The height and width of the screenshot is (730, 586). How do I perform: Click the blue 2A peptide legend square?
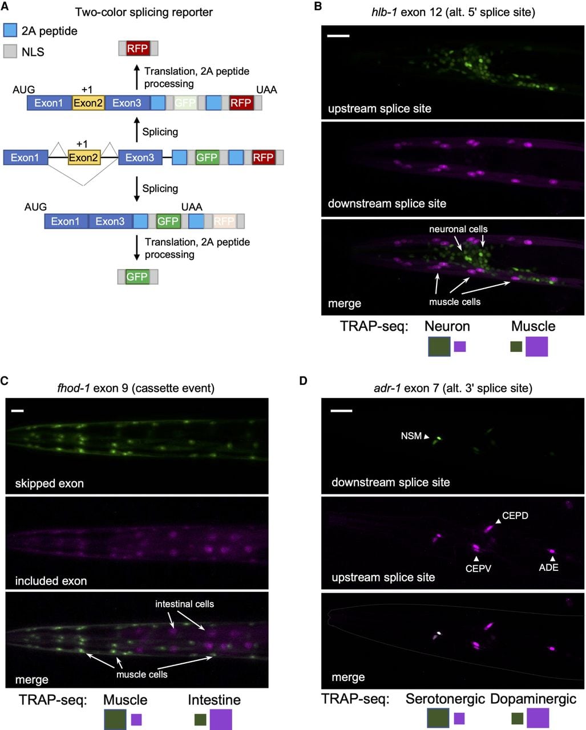[x=10, y=30]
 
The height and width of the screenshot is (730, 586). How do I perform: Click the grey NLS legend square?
[x=10, y=51]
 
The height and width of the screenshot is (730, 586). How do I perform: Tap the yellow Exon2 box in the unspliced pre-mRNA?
[x=84, y=158]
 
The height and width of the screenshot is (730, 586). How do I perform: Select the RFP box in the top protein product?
[x=138, y=48]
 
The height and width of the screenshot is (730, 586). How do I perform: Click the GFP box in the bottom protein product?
[x=137, y=277]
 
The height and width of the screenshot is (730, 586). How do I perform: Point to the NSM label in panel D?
[x=411, y=436]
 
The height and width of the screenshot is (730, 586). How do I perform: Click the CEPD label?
[x=515, y=516]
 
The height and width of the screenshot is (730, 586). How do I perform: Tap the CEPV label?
[x=478, y=569]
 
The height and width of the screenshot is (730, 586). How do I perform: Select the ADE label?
[x=549, y=567]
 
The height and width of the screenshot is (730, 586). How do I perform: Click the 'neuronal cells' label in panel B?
[x=458, y=229]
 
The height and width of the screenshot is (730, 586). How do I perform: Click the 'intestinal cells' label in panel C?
[x=184, y=604]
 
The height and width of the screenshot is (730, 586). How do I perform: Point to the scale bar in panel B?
[x=338, y=35]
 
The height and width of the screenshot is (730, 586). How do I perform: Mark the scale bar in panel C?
[x=17, y=411]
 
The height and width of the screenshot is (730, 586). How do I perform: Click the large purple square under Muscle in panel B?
[x=536, y=346]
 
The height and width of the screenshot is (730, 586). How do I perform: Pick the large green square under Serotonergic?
[x=438, y=718]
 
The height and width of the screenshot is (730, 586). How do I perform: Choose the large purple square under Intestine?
[x=221, y=719]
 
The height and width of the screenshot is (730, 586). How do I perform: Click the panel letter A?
[x=5, y=6]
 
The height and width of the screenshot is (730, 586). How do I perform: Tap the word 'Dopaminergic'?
[x=533, y=699]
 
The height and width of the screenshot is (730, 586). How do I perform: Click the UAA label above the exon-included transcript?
[x=266, y=90]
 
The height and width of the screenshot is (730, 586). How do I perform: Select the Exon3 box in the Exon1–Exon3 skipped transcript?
[x=110, y=221]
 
